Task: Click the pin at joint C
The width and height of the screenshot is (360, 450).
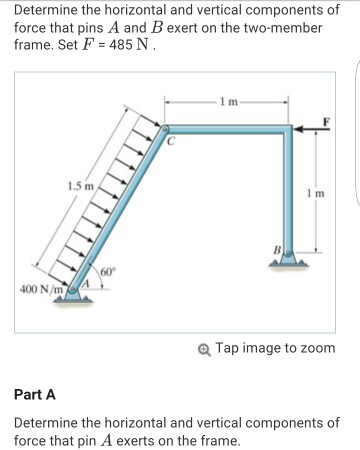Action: click(x=165, y=128)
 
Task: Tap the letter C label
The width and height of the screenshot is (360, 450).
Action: click(x=171, y=141)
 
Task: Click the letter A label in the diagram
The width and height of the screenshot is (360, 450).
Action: click(x=86, y=284)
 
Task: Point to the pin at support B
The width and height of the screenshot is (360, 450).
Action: click(x=289, y=253)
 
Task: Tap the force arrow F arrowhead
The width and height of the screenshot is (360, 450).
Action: click(x=298, y=129)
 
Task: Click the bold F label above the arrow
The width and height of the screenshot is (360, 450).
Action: click(x=326, y=121)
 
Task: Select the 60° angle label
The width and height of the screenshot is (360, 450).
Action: click(x=108, y=272)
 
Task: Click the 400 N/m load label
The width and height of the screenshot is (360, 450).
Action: click(x=41, y=289)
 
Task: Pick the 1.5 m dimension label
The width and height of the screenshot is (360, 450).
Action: click(x=81, y=186)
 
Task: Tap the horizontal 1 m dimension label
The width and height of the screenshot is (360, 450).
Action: click(x=229, y=101)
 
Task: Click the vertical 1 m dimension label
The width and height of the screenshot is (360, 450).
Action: click(x=316, y=193)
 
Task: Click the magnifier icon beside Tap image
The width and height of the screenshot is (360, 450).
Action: click(x=204, y=350)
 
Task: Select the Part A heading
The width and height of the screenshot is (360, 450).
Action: click(x=35, y=395)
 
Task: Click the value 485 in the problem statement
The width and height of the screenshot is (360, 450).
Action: click(x=122, y=45)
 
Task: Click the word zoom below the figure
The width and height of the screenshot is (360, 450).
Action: click(x=318, y=348)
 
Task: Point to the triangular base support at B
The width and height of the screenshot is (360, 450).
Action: click(x=289, y=261)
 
